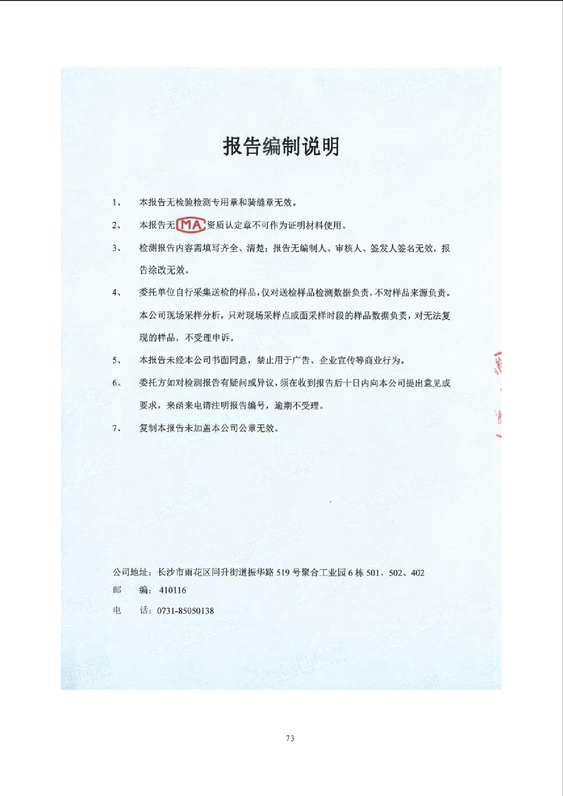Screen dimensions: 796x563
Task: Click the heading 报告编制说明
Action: [x=281, y=146]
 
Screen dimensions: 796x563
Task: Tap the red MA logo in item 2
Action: [x=191, y=225]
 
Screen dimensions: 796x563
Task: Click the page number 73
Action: [x=290, y=738]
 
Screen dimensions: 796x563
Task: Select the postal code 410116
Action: [x=173, y=590]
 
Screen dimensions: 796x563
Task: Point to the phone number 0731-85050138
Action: [x=185, y=611]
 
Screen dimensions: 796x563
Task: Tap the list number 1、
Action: [x=117, y=203]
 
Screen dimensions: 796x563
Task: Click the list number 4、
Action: [x=117, y=292]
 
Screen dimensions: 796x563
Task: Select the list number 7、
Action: [x=117, y=428]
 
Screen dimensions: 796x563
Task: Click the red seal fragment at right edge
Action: [x=498, y=393]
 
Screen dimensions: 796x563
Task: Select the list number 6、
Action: [x=117, y=383]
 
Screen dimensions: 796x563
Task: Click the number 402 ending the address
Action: [x=417, y=573]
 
